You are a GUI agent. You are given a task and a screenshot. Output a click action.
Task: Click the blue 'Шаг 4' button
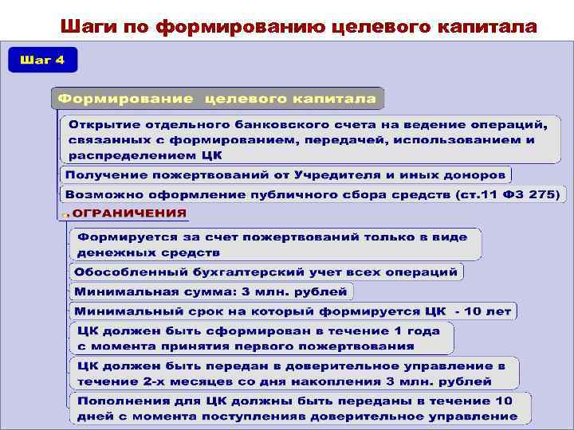pos(37,61)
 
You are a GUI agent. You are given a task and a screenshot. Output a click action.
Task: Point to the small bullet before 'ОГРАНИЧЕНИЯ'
pos(67,214)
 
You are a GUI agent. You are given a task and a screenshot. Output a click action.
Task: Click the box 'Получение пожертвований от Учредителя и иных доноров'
pos(285,174)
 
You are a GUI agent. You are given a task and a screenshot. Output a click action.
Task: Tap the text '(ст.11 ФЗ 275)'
pos(508,193)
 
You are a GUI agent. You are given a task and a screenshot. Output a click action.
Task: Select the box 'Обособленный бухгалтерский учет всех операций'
pos(265,272)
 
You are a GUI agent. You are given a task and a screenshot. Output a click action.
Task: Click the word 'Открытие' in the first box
pos(99,125)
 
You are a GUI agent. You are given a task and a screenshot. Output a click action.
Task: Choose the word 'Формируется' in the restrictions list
pos(123,236)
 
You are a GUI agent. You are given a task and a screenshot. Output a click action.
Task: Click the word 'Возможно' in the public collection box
pos(98,193)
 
